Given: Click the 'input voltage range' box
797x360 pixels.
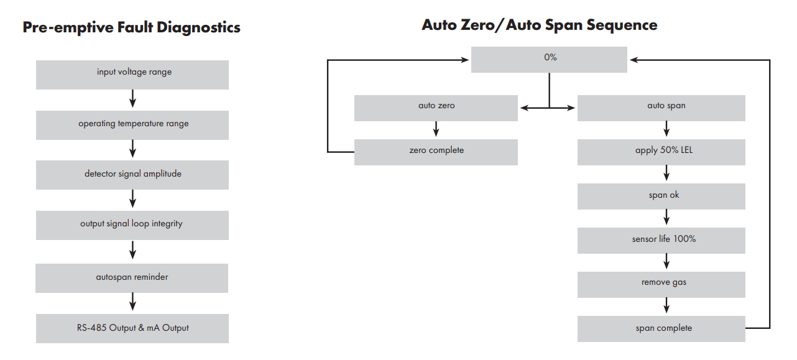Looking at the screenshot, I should pyautogui.click(x=132, y=74).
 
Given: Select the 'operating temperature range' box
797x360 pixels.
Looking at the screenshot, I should pyautogui.click(x=132, y=125).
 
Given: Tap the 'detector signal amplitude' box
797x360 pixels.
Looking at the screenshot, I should pyautogui.click(x=132, y=175).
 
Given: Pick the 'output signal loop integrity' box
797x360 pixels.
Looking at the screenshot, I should pyautogui.click(x=132, y=225).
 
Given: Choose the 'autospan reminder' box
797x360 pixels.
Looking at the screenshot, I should pyautogui.click(x=132, y=278).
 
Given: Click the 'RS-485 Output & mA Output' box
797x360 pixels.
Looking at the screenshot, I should pyautogui.click(x=132, y=328).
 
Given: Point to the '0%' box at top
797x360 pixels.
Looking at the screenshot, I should pyautogui.click(x=549, y=59).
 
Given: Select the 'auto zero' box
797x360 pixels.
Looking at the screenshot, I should pyautogui.click(x=436, y=108).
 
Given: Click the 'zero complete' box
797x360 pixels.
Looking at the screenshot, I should pyautogui.click(x=436, y=152).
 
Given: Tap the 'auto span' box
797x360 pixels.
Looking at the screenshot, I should pyautogui.click(x=661, y=108).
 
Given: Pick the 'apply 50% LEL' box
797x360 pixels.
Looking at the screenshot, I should pyautogui.click(x=661, y=152).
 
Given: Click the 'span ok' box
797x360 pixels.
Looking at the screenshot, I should pyautogui.click(x=661, y=196).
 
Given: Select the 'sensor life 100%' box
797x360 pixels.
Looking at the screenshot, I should pyautogui.click(x=661, y=240).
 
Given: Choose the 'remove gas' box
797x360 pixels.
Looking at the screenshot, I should pyautogui.click(x=661, y=284).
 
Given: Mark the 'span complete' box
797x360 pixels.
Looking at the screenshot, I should pyautogui.click(x=661, y=329).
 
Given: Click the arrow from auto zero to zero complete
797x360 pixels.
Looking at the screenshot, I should pyautogui.click(x=436, y=129).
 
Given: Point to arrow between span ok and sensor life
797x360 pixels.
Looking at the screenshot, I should pyautogui.click(x=666, y=217).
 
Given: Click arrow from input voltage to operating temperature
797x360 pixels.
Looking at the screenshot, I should pyautogui.click(x=132, y=99).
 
